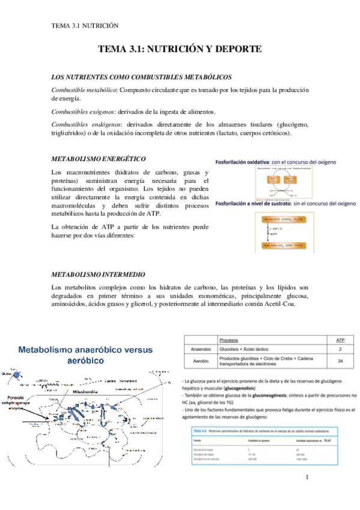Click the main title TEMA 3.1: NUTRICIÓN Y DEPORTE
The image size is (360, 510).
[180, 51]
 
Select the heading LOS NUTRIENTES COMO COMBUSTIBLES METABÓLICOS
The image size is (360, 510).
[142, 78]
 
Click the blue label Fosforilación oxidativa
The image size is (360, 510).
[241, 162]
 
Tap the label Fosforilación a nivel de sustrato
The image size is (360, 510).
[254, 203]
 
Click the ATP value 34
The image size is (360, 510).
[340, 362]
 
